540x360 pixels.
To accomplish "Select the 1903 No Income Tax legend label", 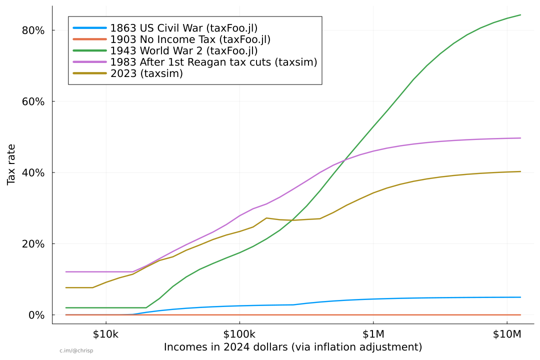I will point(190,39).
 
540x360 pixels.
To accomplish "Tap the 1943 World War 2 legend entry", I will point(184,50).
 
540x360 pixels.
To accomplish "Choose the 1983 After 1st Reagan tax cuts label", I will point(213,62).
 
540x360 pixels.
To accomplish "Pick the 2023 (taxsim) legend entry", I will point(146,73).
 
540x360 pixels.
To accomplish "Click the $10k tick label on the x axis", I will point(105,334).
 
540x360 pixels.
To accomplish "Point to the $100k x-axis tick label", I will point(239,334).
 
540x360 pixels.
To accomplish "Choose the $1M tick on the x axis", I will point(373,334).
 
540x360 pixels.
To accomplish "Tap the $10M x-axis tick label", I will point(507,334).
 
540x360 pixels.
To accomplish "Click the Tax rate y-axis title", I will point(11,164).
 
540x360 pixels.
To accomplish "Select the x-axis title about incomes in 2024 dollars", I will point(293,347).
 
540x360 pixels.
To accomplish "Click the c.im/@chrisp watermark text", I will point(76,351).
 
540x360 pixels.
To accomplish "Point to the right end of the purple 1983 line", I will point(520,138).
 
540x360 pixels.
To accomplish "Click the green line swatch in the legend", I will point(89,50).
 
